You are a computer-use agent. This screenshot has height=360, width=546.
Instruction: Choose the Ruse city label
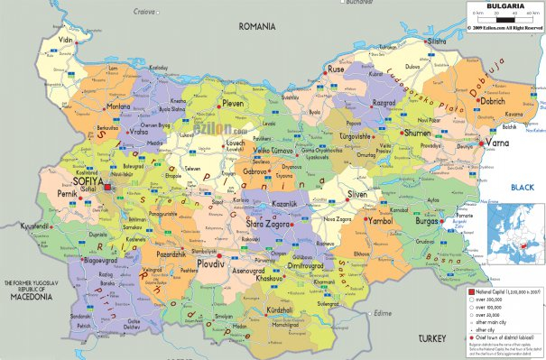click(337, 69)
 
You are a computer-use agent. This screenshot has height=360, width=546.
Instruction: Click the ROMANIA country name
click(257, 27)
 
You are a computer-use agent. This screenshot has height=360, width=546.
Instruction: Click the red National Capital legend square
click(471, 294)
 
